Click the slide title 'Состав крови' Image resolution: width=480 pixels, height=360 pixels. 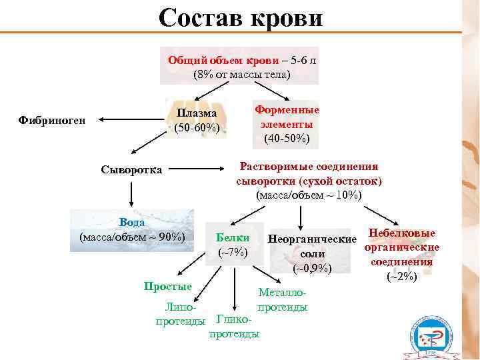(x=240, y=18)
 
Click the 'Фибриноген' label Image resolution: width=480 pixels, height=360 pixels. (x=53, y=121)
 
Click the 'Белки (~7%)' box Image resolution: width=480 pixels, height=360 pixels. (x=233, y=245)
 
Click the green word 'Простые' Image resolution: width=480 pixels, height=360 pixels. (x=168, y=286)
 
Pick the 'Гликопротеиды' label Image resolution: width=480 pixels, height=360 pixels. (x=234, y=327)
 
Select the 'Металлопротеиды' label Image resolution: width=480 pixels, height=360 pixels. (x=283, y=300)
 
